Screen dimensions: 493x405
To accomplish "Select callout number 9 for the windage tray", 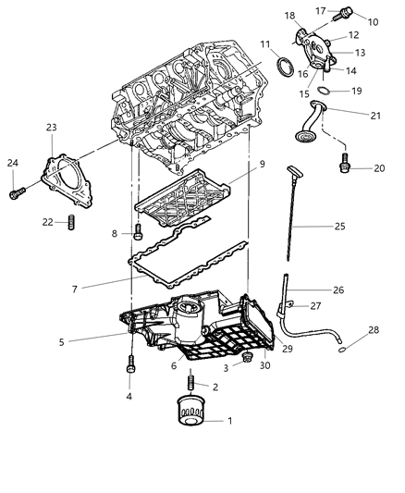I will pyautogui.click(x=262, y=164).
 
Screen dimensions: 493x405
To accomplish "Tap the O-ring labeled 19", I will pyautogui.click(x=326, y=91).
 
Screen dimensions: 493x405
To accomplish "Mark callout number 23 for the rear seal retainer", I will pyautogui.click(x=50, y=128).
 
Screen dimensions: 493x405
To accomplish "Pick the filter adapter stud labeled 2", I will pyautogui.click(x=191, y=380).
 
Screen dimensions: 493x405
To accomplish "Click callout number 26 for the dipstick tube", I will pyautogui.click(x=338, y=290).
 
